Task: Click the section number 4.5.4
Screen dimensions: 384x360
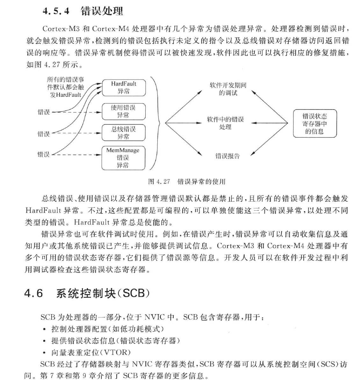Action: coord(56,11)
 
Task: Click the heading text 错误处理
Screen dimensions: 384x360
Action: coord(102,11)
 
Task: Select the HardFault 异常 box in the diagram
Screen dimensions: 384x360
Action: coord(124,88)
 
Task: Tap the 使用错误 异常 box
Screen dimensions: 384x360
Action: coord(124,111)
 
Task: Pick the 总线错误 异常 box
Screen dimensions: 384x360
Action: coord(124,133)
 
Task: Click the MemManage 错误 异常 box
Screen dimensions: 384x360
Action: coord(123,158)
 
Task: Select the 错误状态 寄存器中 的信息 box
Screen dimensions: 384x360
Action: coord(314,124)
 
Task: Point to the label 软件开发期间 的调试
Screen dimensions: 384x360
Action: coord(228,89)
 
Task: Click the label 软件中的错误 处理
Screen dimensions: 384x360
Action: coord(225,123)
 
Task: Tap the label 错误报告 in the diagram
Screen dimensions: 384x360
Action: coord(227,156)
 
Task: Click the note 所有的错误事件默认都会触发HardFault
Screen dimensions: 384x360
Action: coord(66,87)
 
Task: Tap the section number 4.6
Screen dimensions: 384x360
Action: coord(34,293)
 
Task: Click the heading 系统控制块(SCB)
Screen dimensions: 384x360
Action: coord(103,293)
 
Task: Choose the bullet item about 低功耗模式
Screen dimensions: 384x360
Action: coord(108,329)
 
